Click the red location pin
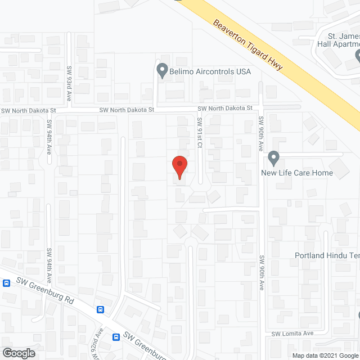[x=179, y=168]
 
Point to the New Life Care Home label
[x=297, y=173]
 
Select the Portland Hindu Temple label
[x=327, y=255]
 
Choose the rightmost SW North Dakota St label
[x=228, y=108]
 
